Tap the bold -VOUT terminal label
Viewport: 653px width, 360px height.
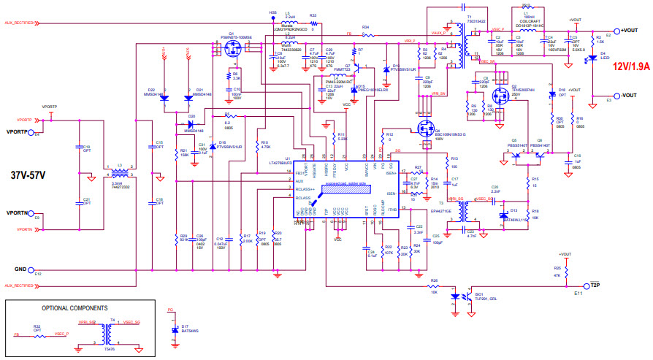click(x=630, y=96)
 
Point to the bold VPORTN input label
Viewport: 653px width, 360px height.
click(x=18, y=213)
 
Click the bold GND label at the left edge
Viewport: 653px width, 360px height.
click(x=21, y=269)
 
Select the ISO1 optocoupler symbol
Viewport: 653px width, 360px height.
click(x=461, y=296)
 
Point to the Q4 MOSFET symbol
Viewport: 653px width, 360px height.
click(x=424, y=130)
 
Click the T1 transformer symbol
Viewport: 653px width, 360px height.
click(x=459, y=44)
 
